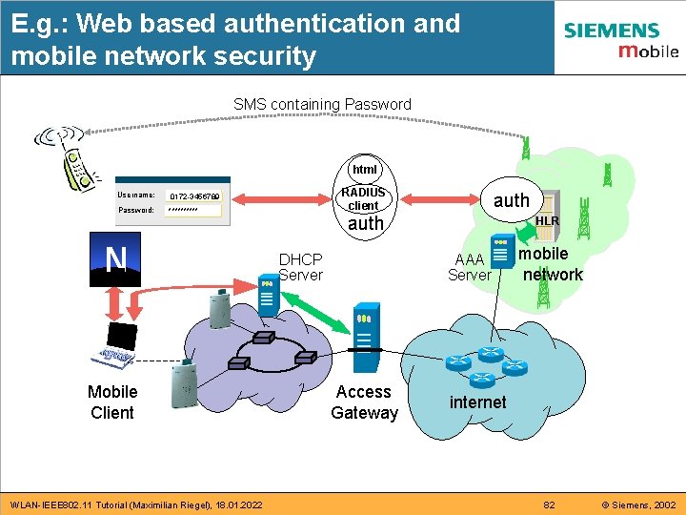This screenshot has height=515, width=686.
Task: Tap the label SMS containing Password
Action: click(x=322, y=104)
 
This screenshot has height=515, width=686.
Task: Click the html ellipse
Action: click(x=364, y=169)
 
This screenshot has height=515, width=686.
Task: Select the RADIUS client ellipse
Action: click(x=363, y=198)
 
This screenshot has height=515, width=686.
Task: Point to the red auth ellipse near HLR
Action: click(x=511, y=199)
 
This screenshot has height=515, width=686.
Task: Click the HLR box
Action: click(x=547, y=221)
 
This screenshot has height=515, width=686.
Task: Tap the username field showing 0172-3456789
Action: click(x=194, y=196)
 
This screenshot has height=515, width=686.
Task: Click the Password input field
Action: click(x=194, y=210)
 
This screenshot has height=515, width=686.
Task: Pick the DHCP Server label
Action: click(x=300, y=267)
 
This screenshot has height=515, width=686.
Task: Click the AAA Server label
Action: click(x=470, y=267)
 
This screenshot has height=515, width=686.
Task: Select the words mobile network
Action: click(x=548, y=264)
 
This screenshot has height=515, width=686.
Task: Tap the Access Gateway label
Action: click(x=364, y=402)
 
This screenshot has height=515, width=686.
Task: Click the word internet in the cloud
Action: click(x=477, y=402)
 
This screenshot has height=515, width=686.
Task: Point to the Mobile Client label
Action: click(x=112, y=402)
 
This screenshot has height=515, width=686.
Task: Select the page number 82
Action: click(x=549, y=504)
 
